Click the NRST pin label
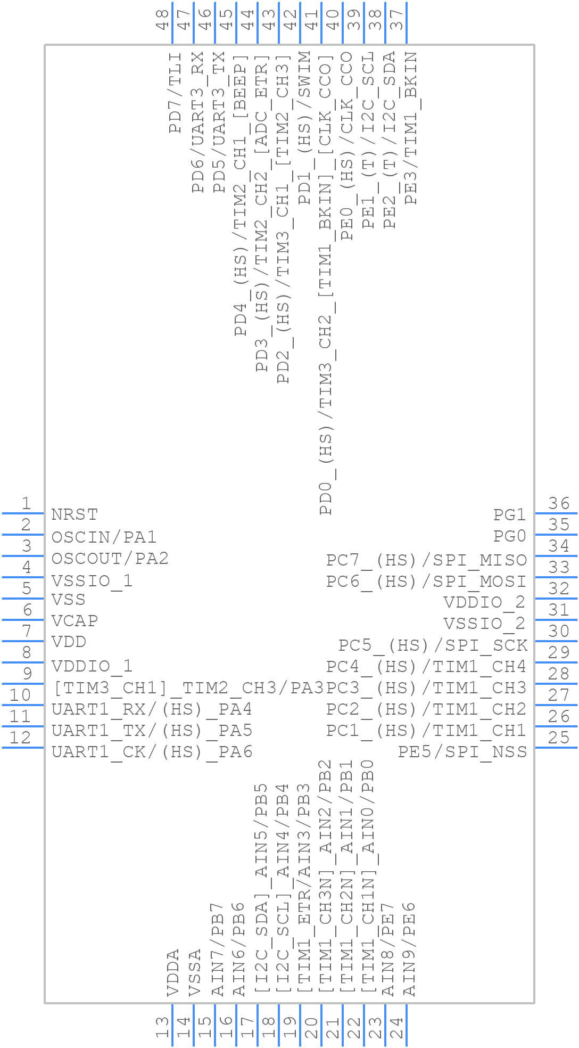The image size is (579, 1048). point(75,514)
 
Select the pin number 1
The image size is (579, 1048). point(26,503)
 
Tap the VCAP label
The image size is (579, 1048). point(75,621)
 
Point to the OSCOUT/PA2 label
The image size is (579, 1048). point(110,558)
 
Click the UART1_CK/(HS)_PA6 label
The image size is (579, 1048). point(152,751)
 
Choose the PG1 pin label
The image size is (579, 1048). point(509,514)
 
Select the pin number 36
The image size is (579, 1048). point(559,503)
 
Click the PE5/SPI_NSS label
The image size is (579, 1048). point(462,751)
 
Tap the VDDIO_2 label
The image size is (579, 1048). point(484,602)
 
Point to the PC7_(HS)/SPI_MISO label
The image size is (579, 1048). point(426,560)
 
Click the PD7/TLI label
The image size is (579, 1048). point(175,93)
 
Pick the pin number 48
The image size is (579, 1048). point(162,18)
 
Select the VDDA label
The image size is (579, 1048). point(173,972)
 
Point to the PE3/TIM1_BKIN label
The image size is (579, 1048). point(410,128)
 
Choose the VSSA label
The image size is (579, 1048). point(195,972)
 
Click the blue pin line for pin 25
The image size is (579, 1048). point(556,748)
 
